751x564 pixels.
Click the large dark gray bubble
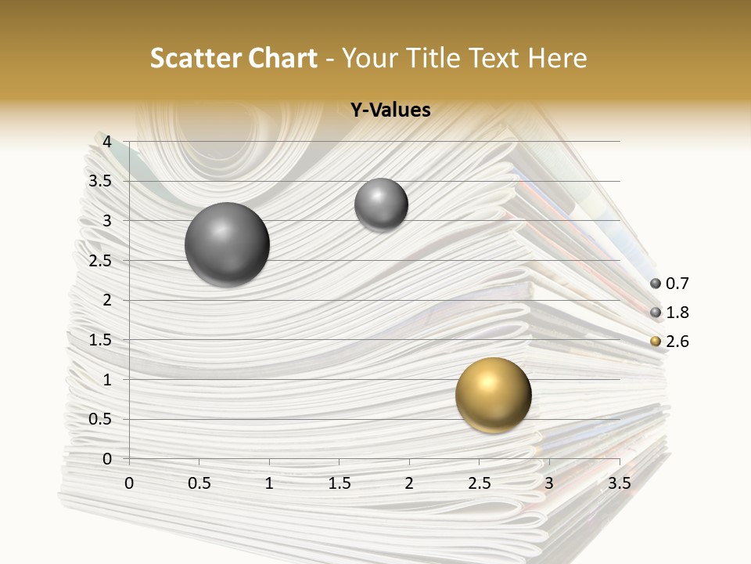pos(227,244)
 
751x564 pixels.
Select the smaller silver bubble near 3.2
pos(381,204)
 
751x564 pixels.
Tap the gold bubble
pos(493,395)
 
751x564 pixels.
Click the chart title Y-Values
pos(390,110)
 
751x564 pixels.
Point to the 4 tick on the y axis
pos(107,142)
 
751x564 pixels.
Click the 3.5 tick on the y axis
pos(100,181)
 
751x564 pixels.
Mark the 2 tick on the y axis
pos(107,300)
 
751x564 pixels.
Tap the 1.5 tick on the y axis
pos(100,340)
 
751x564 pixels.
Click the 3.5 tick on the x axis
pos(619,483)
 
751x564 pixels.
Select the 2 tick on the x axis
pos(409,483)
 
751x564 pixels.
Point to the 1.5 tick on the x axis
pos(340,483)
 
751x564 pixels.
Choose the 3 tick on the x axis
pos(549,483)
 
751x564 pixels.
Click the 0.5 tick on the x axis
pos(199,483)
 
